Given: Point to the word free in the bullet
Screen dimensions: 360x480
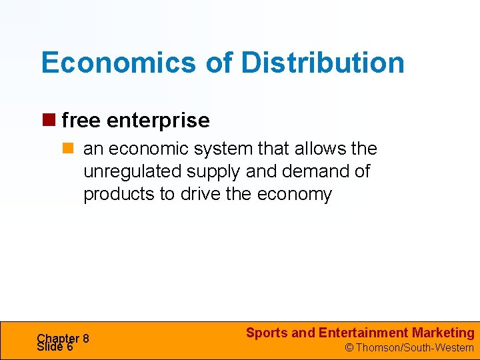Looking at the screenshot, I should click(81, 121).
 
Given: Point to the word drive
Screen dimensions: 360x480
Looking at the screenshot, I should click(202, 194).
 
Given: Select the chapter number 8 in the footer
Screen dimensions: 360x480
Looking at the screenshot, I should click(86, 339).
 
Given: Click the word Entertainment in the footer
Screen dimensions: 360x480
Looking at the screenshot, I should click(363, 333).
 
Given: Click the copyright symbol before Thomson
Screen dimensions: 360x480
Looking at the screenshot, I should click(348, 348).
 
